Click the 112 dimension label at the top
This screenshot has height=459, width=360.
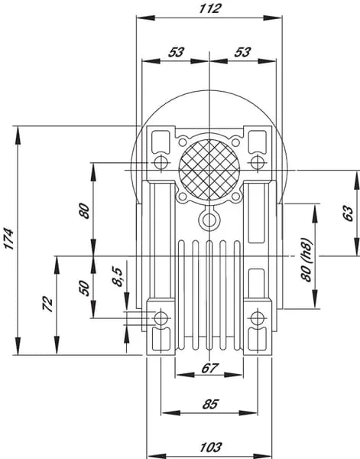(x=209, y=8)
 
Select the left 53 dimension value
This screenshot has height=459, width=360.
(x=176, y=52)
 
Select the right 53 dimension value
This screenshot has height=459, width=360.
(x=242, y=52)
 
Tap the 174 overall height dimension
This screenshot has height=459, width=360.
(x=8, y=239)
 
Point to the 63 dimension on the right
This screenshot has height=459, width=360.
(x=348, y=213)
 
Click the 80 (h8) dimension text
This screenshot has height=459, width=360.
(x=306, y=259)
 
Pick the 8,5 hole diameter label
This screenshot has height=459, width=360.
(x=118, y=276)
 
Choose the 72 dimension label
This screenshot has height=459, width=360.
(x=47, y=304)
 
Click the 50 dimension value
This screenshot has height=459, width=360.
(x=84, y=288)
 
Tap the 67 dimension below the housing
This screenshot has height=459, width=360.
(x=209, y=368)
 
